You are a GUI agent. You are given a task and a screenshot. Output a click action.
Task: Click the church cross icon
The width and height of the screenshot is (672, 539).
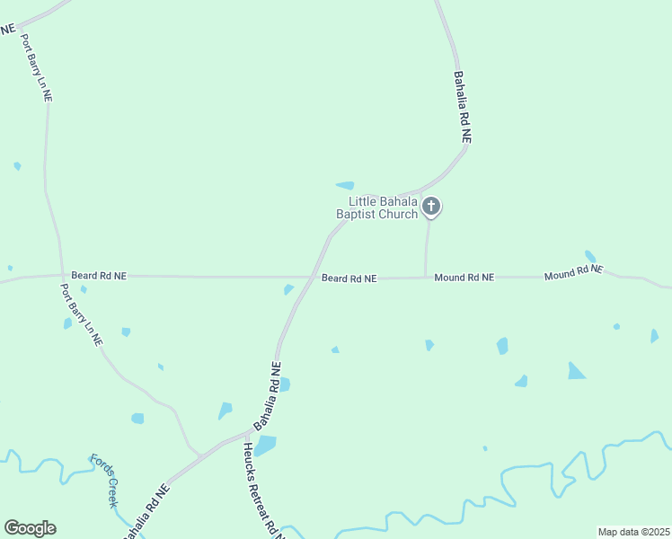[x=431, y=207]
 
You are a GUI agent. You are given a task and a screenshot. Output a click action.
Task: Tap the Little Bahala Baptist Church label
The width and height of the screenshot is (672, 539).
[x=377, y=208]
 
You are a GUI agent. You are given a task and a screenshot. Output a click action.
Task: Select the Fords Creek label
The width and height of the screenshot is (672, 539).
[x=102, y=481]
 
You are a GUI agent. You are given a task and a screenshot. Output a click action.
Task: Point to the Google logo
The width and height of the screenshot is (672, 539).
[x=30, y=528]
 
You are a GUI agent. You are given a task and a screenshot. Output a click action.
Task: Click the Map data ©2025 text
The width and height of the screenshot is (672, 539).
[x=633, y=532]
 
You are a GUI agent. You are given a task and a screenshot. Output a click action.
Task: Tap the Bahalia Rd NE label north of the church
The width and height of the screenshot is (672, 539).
[x=463, y=108]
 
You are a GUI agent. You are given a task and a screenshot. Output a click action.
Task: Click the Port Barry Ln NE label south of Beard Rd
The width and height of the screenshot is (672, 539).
[x=82, y=315]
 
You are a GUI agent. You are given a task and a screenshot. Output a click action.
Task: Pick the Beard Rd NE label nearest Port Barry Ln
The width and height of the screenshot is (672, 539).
[x=99, y=276]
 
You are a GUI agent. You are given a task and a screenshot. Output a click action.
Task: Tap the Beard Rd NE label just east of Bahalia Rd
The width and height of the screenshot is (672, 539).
[x=349, y=278]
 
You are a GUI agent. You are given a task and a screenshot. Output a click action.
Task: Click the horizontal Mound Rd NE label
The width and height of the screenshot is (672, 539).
[x=464, y=278]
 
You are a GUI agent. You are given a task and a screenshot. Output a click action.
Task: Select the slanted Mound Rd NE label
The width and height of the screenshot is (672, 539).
[x=573, y=271]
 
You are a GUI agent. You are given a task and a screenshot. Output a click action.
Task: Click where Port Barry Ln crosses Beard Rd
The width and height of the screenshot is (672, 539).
[x=62, y=275]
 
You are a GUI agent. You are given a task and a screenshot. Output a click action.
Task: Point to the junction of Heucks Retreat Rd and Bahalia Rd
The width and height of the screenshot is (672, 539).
[x=245, y=435]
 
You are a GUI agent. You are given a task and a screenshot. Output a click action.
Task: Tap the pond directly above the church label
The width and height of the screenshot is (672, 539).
[x=345, y=186]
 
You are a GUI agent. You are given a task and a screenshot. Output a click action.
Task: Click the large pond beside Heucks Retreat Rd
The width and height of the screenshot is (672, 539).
[x=265, y=446]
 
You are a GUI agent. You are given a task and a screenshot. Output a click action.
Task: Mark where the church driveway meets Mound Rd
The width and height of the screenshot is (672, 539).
[x=425, y=278]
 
